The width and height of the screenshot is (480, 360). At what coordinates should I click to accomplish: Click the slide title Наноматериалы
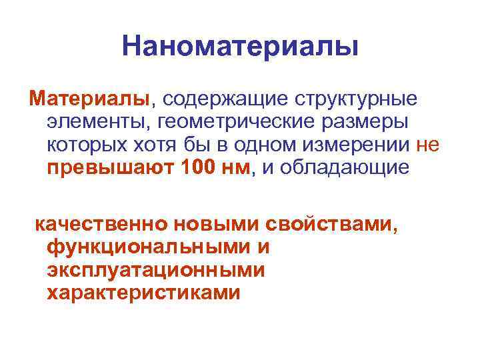(240, 47)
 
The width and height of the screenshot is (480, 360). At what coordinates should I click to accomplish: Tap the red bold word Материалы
(89, 99)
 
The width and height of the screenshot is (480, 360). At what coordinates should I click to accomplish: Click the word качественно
(104, 223)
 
